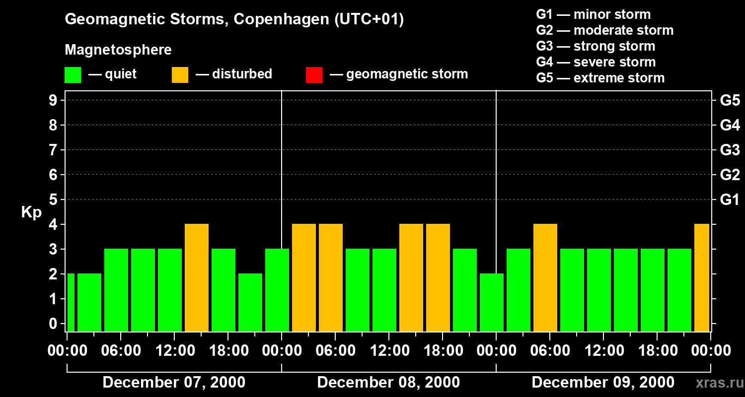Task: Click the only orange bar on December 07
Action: (x=196, y=277)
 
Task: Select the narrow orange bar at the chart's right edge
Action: (x=701, y=277)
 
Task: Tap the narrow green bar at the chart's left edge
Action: (x=71, y=302)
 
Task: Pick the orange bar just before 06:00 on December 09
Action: (x=545, y=277)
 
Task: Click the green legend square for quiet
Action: (x=73, y=74)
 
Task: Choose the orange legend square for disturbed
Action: (x=180, y=74)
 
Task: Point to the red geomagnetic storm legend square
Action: (x=314, y=74)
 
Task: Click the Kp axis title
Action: (x=31, y=212)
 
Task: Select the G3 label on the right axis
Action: (x=730, y=150)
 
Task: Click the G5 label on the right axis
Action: (x=730, y=101)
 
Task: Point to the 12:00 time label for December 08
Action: (x=389, y=351)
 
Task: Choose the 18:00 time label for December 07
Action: (x=228, y=351)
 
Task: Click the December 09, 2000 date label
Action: (x=603, y=382)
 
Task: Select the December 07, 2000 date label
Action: (x=174, y=382)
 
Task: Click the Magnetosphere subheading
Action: (x=118, y=50)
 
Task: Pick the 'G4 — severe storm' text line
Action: (x=596, y=62)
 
